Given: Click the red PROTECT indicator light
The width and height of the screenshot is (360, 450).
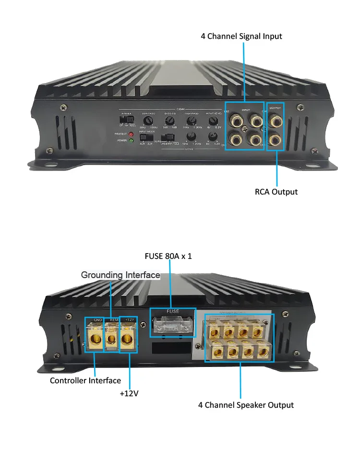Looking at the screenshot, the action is [x=131, y=134].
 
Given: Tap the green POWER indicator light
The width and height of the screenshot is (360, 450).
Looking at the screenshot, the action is [x=131, y=140].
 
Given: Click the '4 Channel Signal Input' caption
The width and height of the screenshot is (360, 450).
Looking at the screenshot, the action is [x=241, y=36].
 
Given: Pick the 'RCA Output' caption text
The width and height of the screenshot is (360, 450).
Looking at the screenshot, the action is [x=276, y=192].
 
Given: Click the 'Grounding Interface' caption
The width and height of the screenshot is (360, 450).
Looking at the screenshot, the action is [x=120, y=275].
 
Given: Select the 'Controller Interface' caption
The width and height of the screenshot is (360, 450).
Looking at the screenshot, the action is [x=85, y=380].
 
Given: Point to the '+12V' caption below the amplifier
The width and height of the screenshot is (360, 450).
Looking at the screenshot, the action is [x=129, y=393].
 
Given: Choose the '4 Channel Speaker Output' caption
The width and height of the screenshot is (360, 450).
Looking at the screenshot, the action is [x=246, y=405].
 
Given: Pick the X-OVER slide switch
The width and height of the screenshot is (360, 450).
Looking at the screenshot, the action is [x=127, y=119].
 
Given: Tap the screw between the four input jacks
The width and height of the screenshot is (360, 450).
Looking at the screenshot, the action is [x=245, y=129].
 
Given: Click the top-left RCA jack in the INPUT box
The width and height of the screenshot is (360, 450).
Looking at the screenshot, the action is [x=236, y=118].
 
